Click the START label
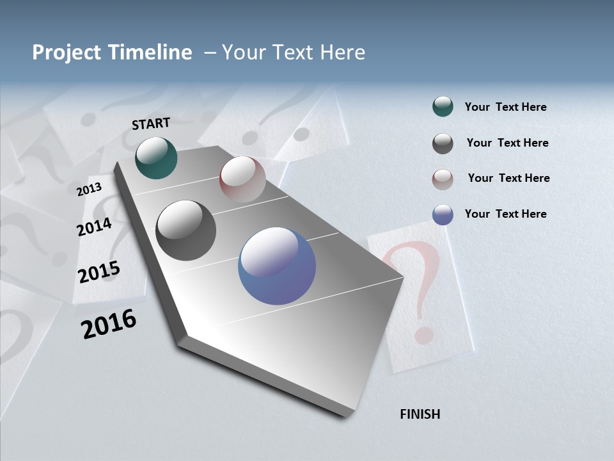151,124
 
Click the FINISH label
420,414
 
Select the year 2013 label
89,190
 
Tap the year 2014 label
95,227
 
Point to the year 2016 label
109,324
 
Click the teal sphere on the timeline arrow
156,158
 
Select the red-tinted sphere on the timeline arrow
242,179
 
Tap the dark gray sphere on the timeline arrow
186,230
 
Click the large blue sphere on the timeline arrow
277,266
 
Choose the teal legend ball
443,107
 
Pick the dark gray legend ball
443,143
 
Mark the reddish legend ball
443,179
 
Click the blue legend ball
443,214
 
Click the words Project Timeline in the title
112,53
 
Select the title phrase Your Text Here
294,53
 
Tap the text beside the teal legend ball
505,108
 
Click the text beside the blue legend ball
505,214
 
